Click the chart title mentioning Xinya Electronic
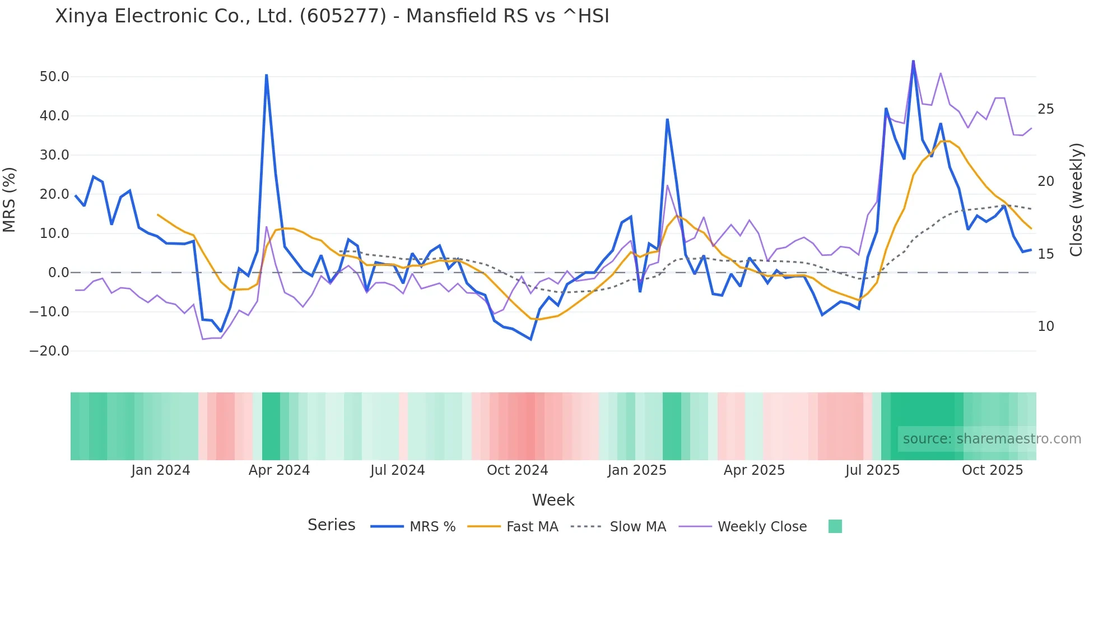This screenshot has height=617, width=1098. pyautogui.click(x=332, y=16)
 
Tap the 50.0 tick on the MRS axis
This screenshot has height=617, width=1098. pyautogui.click(x=54, y=77)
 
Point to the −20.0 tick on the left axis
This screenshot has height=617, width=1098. pyautogui.click(x=49, y=351)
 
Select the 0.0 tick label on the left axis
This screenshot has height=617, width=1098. pyautogui.click(x=58, y=273)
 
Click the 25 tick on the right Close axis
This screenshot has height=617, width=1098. pyautogui.click(x=1045, y=109)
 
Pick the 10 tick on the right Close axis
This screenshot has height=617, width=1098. pyautogui.click(x=1045, y=326)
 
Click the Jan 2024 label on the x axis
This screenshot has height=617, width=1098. pyautogui.click(x=161, y=470)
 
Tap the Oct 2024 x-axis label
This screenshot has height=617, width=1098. pyautogui.click(x=517, y=470)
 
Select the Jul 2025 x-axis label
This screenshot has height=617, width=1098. pyautogui.click(x=872, y=470)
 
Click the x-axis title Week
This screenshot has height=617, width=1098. pyautogui.click(x=553, y=500)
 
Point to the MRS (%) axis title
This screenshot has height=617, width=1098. pyautogui.click(x=10, y=200)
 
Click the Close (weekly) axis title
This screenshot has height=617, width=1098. pyautogui.click(x=1076, y=200)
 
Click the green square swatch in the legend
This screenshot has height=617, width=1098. pyautogui.click(x=835, y=526)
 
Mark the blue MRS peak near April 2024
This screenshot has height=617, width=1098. pyautogui.click(x=266, y=75)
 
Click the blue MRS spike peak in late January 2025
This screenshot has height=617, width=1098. pyautogui.click(x=667, y=119)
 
